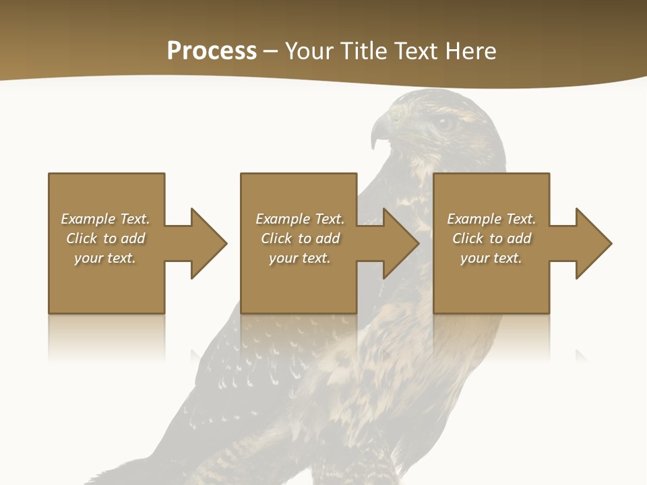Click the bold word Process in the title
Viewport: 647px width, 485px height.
212,51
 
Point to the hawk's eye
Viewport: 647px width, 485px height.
443,123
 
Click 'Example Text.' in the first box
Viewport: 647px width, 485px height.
105,219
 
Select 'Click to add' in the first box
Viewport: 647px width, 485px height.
105,238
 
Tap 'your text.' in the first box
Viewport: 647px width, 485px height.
105,258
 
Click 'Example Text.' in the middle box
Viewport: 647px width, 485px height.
299,219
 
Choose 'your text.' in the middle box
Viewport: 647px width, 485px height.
299,258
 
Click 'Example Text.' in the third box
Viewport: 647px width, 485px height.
491,219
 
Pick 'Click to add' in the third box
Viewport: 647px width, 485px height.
491,238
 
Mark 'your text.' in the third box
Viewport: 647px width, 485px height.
491,258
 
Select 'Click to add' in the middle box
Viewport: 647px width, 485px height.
299,238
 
